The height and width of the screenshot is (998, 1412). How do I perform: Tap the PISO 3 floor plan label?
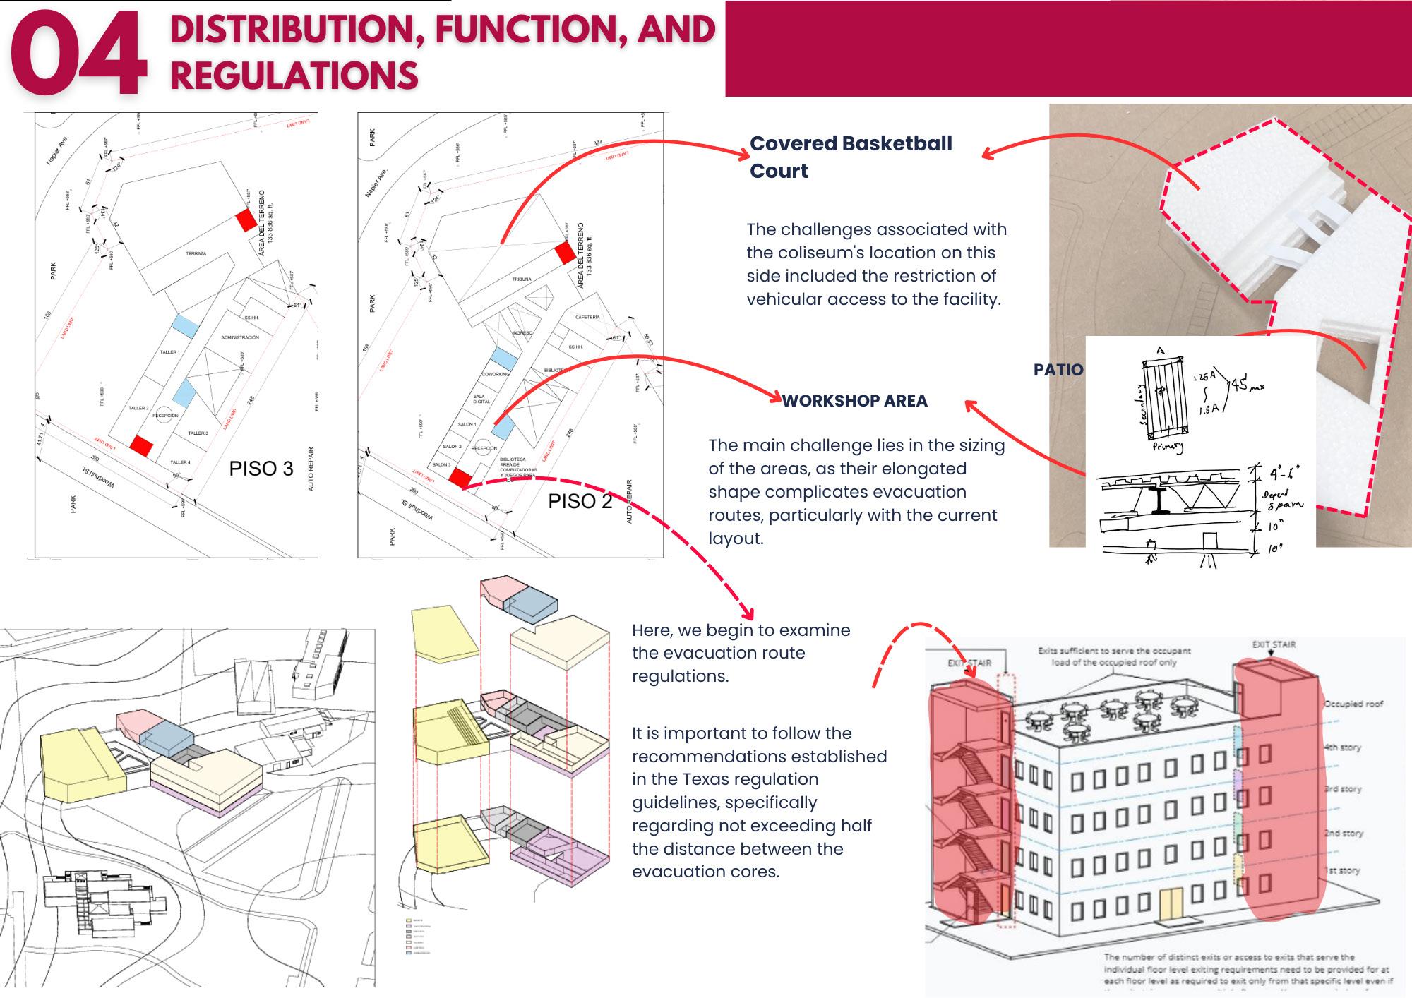pos(261,469)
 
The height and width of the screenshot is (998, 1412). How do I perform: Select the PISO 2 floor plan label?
pos(580,501)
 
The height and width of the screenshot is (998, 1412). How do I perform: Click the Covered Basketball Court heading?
pos(850,157)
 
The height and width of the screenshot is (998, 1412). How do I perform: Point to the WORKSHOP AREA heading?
pos(854,401)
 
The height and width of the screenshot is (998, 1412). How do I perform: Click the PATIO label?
pos(1058,370)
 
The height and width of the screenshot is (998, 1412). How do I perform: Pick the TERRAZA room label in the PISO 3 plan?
pos(196,253)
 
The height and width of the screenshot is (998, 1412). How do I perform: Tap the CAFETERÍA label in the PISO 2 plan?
pos(587,318)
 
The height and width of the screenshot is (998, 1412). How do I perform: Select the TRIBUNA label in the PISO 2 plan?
pos(522,279)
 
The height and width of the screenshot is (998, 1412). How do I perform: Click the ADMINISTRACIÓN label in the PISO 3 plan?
pos(240,338)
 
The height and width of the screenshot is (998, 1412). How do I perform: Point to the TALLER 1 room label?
pos(169,352)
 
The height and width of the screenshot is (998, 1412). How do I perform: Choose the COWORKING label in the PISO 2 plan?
pos(496,375)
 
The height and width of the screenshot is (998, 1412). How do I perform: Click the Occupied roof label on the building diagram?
pos(1353,704)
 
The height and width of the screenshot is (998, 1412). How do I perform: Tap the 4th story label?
pos(1342,747)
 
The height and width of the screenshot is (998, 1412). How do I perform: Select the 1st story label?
pos(1342,871)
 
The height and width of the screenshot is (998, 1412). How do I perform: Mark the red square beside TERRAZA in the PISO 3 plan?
pos(246,220)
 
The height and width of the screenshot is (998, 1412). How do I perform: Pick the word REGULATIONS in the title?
pos(294,76)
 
